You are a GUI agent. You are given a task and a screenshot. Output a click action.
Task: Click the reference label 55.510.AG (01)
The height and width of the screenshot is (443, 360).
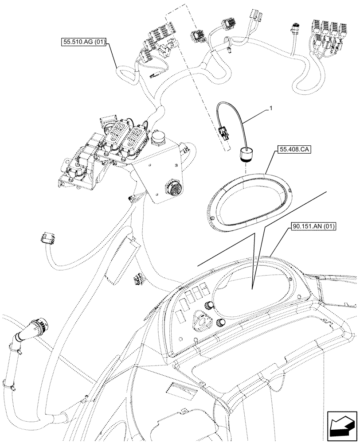(84, 43)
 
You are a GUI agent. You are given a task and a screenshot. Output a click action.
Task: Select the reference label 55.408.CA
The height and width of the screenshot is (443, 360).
(294, 150)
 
